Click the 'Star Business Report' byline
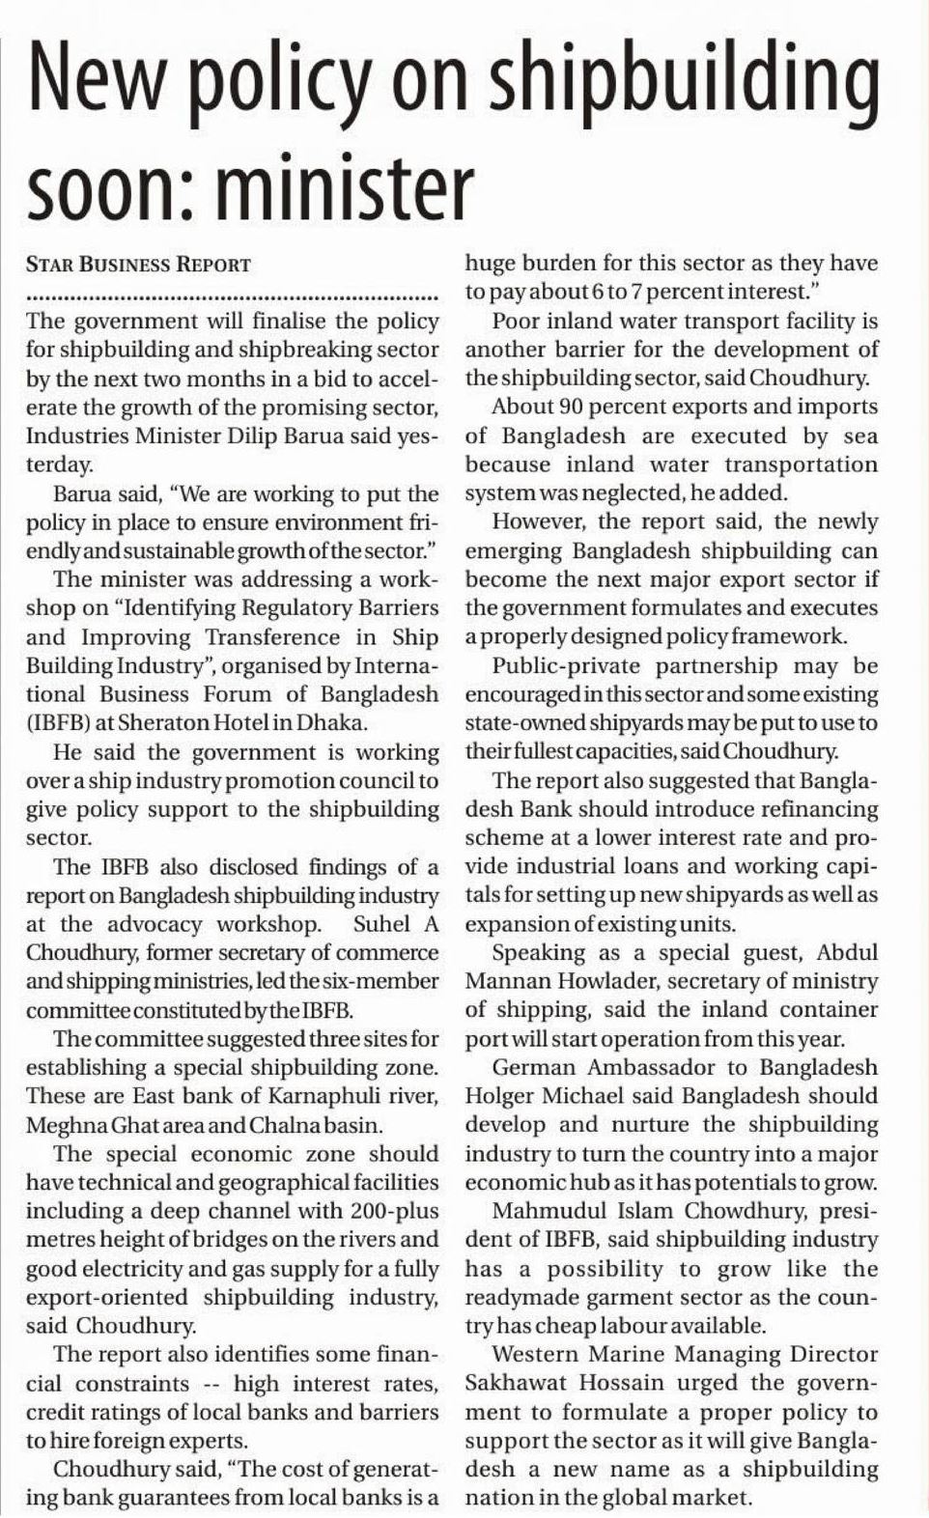coord(138,265)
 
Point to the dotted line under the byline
coord(232,294)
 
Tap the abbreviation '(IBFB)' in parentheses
coord(59,723)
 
